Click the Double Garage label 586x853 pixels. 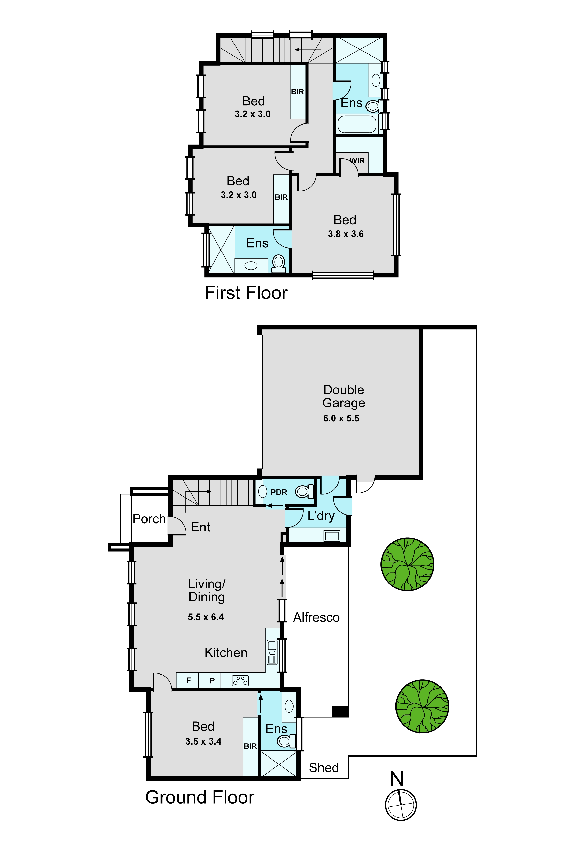click(x=344, y=396)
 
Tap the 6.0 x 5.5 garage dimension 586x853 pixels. click(x=341, y=418)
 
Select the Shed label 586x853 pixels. click(x=324, y=768)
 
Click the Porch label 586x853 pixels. click(x=149, y=519)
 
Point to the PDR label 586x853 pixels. click(x=279, y=492)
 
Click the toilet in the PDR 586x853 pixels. click(x=304, y=491)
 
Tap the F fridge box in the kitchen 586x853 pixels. click(x=188, y=680)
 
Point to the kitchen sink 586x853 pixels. click(x=272, y=652)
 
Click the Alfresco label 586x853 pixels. click(x=316, y=617)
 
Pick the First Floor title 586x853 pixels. click(x=246, y=293)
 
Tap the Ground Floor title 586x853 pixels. click(x=200, y=797)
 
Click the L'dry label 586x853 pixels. click(x=321, y=516)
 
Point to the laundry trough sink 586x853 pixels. click(x=332, y=536)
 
